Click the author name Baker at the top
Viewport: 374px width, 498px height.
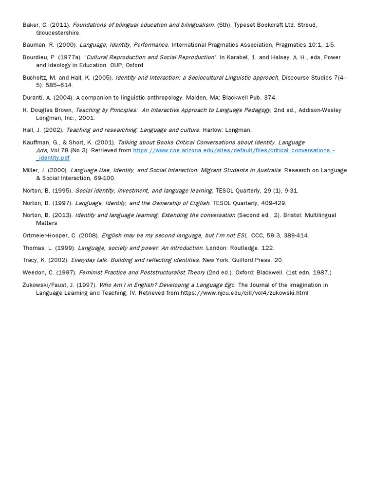(31, 25)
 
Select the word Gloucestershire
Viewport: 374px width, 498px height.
(58, 33)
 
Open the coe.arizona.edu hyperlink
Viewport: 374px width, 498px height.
(234, 151)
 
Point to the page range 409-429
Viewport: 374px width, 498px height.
(274, 203)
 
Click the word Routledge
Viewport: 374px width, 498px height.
(244, 248)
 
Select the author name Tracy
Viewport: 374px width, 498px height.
(30, 260)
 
